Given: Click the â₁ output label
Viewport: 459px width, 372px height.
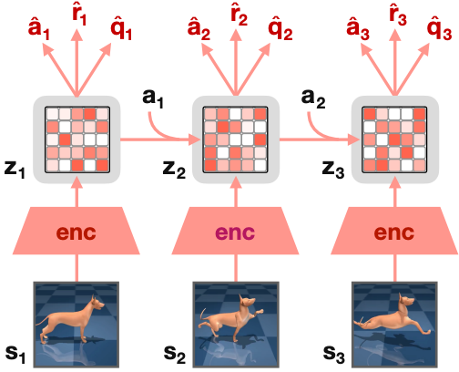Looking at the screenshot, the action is [x=39, y=29].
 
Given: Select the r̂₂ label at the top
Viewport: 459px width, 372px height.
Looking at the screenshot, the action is [x=239, y=14].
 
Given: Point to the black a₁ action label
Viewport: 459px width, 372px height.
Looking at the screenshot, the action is [x=153, y=98].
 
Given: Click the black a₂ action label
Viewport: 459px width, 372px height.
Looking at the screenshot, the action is [x=313, y=98].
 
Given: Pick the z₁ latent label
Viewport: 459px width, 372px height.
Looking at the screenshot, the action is [x=15, y=169].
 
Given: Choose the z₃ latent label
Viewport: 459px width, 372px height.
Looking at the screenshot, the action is [x=333, y=169].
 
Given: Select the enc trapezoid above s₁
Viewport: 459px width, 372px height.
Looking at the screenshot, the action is [x=76, y=231].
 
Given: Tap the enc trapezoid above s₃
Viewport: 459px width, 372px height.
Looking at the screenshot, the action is [x=394, y=231].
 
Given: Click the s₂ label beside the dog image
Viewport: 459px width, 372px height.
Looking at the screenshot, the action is [x=175, y=355].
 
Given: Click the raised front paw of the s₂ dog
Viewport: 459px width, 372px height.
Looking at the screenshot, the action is [x=260, y=312].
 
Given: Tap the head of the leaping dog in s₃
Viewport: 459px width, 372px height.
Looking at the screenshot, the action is [x=406, y=301].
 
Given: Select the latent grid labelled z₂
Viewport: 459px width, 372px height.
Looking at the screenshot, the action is [x=235, y=139].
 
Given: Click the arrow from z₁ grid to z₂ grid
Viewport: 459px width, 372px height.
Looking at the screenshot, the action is [x=160, y=139].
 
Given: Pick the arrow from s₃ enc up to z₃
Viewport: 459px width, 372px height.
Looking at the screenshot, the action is [x=395, y=192].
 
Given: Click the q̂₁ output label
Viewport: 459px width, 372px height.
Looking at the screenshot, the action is [x=121, y=30].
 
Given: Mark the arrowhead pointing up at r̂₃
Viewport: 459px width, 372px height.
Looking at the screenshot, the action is [x=395, y=35].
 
